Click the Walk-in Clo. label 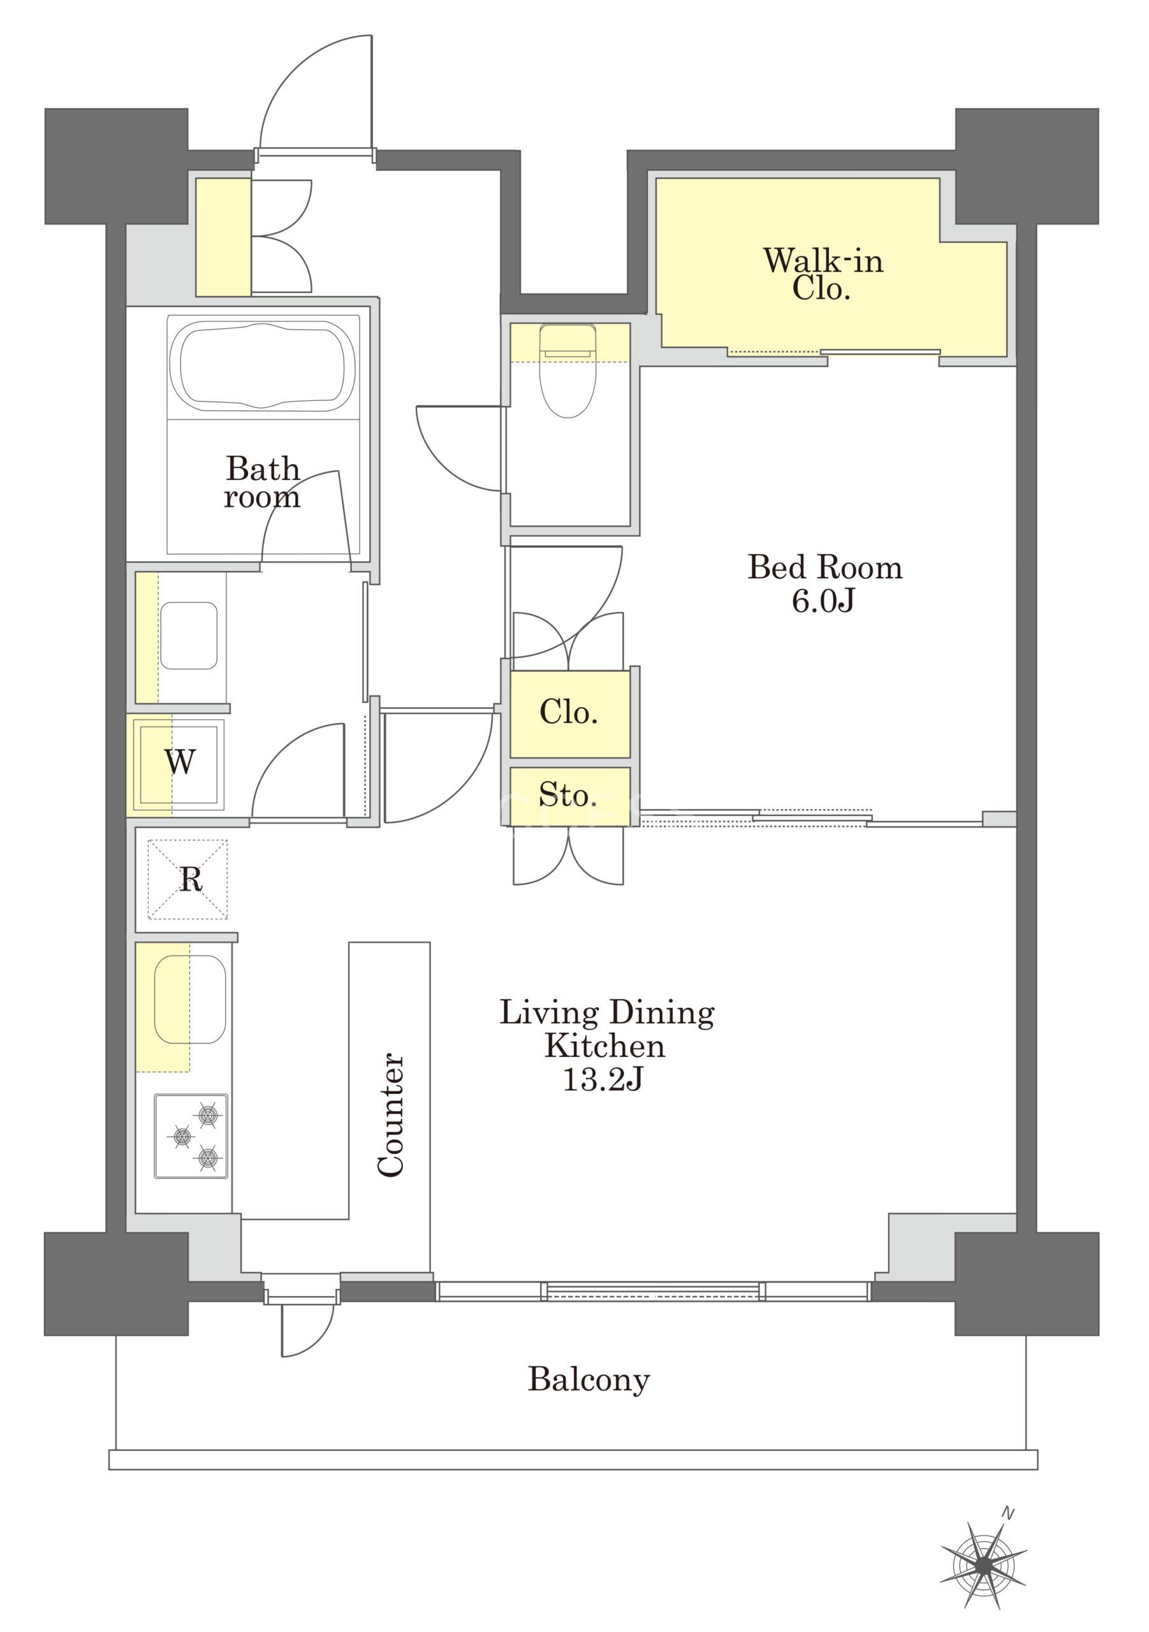coord(823,273)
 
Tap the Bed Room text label coord(825,568)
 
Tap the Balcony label coord(589,1380)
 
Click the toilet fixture coord(567,370)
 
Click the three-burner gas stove coord(191,1137)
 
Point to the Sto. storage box coord(569,796)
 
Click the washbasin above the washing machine coord(189,636)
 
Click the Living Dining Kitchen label coord(606,1029)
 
